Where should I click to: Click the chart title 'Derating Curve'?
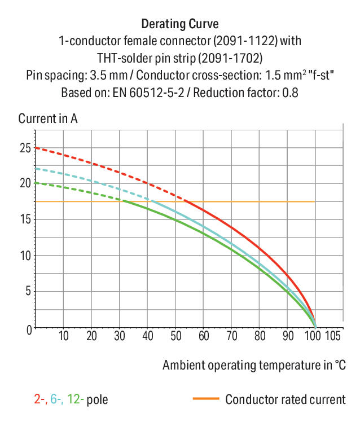pos(179,24)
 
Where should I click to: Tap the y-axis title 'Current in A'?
pos(48,119)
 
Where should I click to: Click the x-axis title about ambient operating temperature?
pos(254,365)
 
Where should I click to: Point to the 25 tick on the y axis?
pos(24,148)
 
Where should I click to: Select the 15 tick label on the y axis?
pos(24,219)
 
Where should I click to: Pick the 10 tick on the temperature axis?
pos(63,337)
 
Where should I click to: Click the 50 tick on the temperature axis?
pos(175,337)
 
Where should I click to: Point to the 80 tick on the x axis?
pos(259,337)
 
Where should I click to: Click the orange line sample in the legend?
pos(205,400)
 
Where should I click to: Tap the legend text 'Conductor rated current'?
pos(285,400)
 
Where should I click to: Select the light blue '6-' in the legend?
pos(56,400)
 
